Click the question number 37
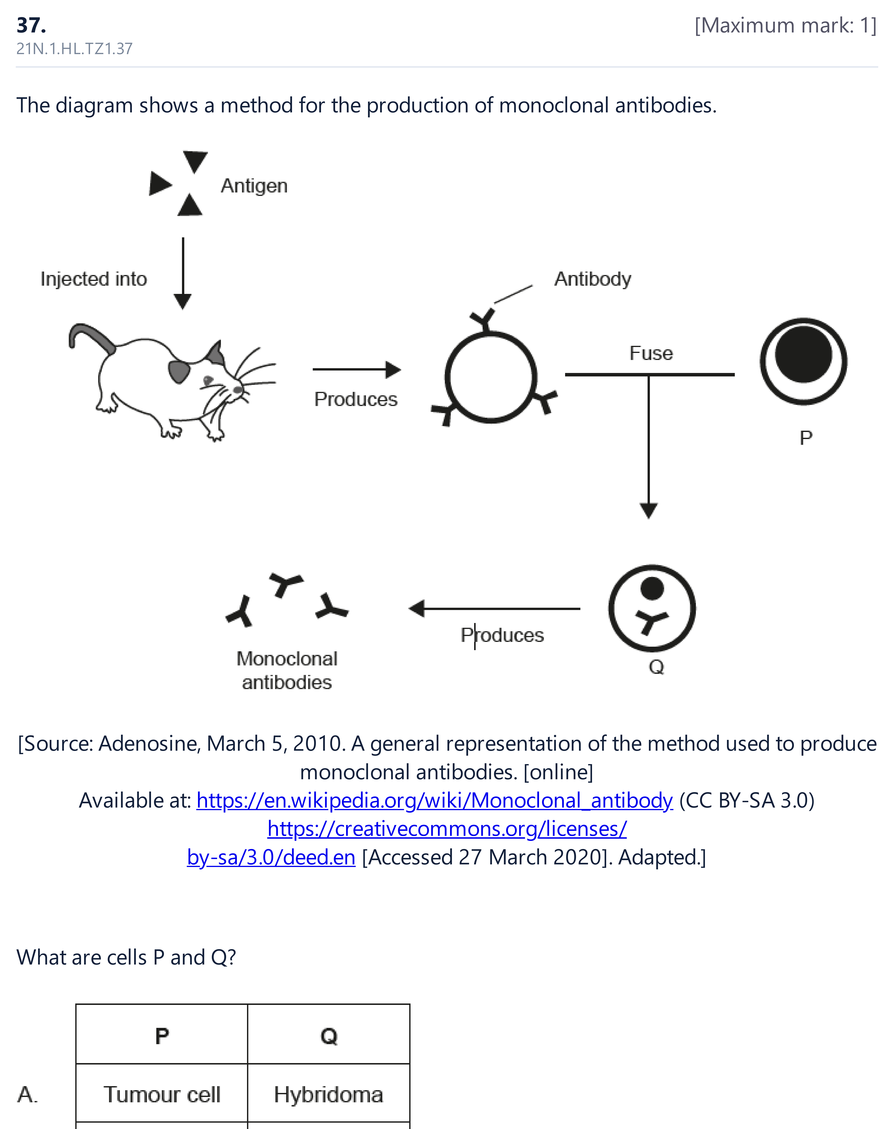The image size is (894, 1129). click(x=31, y=25)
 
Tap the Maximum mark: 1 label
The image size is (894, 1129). click(x=785, y=25)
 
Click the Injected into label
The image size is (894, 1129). click(x=94, y=279)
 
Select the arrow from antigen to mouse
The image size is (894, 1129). click(x=183, y=273)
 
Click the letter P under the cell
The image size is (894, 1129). click(x=806, y=438)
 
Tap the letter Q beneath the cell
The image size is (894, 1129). click(x=656, y=667)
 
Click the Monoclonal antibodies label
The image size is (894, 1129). click(x=287, y=670)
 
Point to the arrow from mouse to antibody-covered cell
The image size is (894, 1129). click(x=357, y=370)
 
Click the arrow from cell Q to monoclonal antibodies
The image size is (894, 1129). click(x=494, y=608)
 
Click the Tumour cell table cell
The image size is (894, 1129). click(x=162, y=1094)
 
